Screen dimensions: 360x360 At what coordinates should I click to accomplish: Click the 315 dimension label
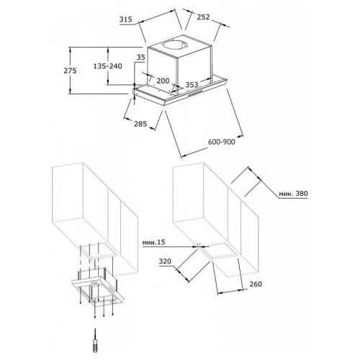(x=126, y=19)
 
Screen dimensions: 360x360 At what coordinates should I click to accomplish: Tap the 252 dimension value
(x=203, y=17)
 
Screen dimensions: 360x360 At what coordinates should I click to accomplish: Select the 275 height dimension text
(x=70, y=71)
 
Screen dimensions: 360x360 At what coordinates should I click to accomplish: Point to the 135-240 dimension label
(x=107, y=66)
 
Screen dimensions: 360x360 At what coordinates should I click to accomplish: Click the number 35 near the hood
(x=141, y=57)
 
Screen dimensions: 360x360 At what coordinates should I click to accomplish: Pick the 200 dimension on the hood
(x=163, y=81)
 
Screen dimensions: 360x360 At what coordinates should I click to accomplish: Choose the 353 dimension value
(x=192, y=84)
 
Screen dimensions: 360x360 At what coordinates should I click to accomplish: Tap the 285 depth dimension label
(x=140, y=124)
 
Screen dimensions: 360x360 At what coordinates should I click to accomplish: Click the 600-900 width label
(x=222, y=142)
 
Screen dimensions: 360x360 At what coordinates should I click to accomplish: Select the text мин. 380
(x=293, y=194)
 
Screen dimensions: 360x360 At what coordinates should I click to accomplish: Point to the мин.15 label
(x=154, y=243)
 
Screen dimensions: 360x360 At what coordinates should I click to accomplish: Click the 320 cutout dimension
(x=165, y=261)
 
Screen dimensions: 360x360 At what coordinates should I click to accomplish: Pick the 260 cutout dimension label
(x=256, y=284)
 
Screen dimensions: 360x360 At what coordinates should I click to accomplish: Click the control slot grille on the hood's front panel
(x=195, y=94)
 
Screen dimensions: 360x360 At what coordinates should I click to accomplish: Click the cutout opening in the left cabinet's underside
(x=98, y=250)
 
